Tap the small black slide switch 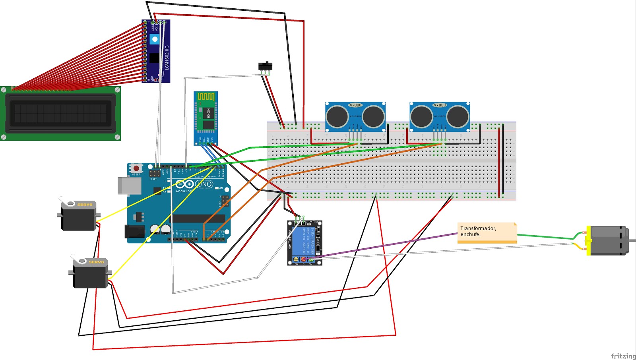(265, 66)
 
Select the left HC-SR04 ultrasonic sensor (355, 116)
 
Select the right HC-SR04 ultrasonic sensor (440, 116)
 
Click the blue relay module (304, 243)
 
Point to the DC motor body (608, 240)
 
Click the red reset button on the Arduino (136, 168)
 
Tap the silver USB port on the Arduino (130, 186)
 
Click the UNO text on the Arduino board (204, 184)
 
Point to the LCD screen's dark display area (60, 113)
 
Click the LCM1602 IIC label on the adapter (167, 58)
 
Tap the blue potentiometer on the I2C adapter (155, 39)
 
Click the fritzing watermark (623, 356)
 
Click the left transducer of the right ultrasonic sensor (421, 116)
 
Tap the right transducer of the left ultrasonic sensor (373, 116)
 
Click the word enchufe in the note (470, 234)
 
